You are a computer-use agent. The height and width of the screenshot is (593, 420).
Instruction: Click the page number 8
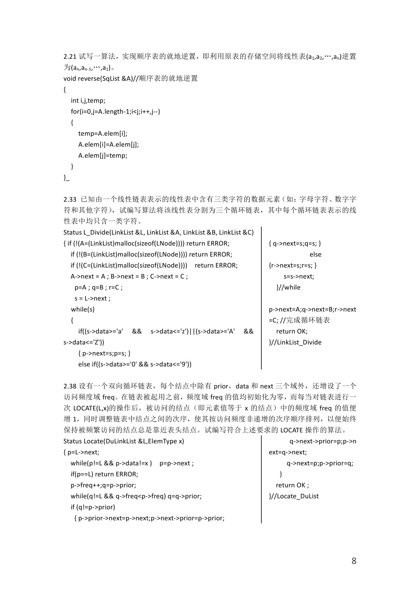click(x=354, y=561)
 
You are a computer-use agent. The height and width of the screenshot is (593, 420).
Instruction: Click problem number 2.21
click(x=70, y=56)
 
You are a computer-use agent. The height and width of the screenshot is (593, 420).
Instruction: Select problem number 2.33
click(x=70, y=199)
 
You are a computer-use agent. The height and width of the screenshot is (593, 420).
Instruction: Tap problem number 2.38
click(x=70, y=386)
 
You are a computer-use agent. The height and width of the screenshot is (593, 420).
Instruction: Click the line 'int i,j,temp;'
click(x=88, y=101)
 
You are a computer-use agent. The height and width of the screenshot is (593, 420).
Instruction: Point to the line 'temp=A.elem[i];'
click(x=102, y=134)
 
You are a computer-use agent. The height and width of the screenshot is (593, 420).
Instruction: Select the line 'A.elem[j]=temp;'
click(x=102, y=156)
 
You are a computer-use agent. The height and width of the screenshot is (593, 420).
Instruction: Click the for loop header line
click(x=115, y=112)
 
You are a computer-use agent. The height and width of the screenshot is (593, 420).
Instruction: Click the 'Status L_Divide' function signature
click(x=158, y=232)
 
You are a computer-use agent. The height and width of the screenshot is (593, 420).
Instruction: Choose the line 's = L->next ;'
click(x=93, y=298)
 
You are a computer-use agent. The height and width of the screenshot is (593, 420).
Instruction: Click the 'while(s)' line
click(x=83, y=309)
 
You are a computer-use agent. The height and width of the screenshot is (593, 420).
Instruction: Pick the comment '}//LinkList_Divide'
click(x=295, y=342)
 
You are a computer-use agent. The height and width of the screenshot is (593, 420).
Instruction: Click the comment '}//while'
click(x=288, y=287)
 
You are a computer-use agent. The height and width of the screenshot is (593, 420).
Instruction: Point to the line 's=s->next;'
click(x=299, y=276)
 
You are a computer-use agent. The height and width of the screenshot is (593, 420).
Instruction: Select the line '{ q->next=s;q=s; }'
click(x=295, y=243)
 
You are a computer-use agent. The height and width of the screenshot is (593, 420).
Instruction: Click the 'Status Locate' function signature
click(x=124, y=441)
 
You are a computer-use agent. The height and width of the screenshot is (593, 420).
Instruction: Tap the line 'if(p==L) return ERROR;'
click(x=104, y=474)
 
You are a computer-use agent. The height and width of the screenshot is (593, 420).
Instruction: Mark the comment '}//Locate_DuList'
click(x=294, y=496)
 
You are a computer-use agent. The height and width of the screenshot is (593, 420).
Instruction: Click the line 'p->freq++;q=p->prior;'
click(x=103, y=485)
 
